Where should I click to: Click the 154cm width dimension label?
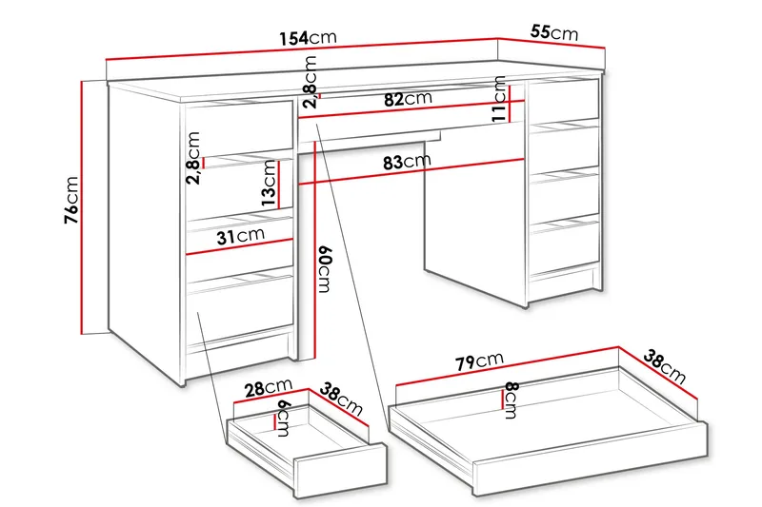coord(308,38)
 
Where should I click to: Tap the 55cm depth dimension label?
coord(553,32)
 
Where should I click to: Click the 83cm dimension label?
coord(404,162)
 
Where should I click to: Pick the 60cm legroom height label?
coord(324,269)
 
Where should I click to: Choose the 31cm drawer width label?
coord(238,236)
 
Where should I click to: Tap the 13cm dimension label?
coord(270,184)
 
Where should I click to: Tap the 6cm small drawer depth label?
coord(283,414)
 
